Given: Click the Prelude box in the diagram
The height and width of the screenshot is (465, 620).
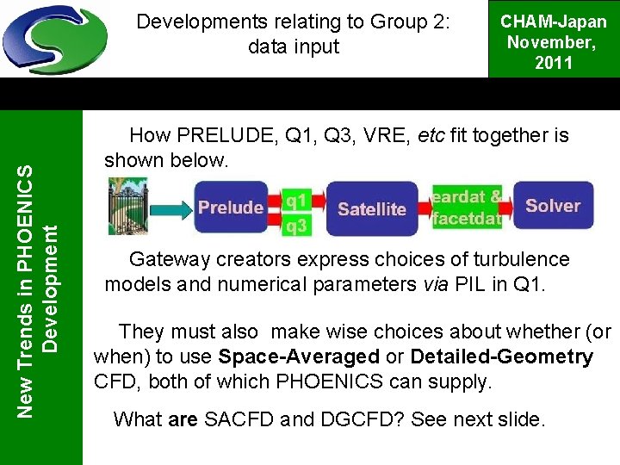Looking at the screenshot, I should tap(231, 208).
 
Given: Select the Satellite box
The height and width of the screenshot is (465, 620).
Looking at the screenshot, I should tap(372, 208).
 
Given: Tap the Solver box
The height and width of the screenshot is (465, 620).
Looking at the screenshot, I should tap(553, 206).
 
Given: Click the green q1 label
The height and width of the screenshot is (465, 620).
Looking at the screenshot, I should tap(296, 200).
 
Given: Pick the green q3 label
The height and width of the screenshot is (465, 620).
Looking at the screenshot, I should tap(296, 226).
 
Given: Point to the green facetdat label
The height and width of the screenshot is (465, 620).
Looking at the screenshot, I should tap(467, 219).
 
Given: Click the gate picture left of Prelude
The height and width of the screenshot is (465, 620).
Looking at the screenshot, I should tap(127, 208).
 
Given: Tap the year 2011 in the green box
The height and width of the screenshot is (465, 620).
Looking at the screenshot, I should tap(555, 62).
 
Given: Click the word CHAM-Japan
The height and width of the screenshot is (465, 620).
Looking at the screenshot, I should tap(555, 22).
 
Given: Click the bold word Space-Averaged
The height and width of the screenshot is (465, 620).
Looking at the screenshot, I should tap(299, 356).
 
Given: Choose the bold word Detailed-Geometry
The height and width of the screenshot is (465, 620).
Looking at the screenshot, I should tap(501, 356).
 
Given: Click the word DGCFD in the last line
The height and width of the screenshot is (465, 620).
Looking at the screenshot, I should tap(353, 420).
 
